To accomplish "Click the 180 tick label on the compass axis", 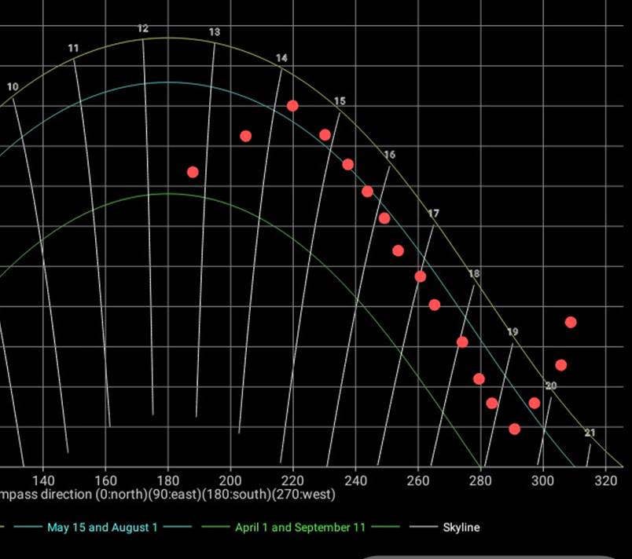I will click(x=167, y=480).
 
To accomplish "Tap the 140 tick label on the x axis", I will click(x=43, y=480).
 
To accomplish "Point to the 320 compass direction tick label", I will click(x=605, y=480).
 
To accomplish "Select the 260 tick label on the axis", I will click(x=417, y=480).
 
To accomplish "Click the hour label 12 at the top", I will click(x=142, y=28).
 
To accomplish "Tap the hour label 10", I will click(x=13, y=86).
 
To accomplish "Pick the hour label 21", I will click(x=590, y=433).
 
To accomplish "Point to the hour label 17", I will click(x=434, y=214).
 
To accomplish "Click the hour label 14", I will click(x=281, y=58).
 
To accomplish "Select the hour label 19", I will click(x=513, y=332).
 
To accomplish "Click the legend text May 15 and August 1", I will click(x=102, y=528).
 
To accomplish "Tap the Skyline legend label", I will click(x=461, y=528).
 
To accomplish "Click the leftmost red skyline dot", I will click(x=193, y=172).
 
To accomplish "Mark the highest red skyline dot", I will click(x=292, y=106).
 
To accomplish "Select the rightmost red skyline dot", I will click(x=571, y=323).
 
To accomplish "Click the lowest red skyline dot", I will click(x=514, y=429).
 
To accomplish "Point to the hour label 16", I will click(x=390, y=155).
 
